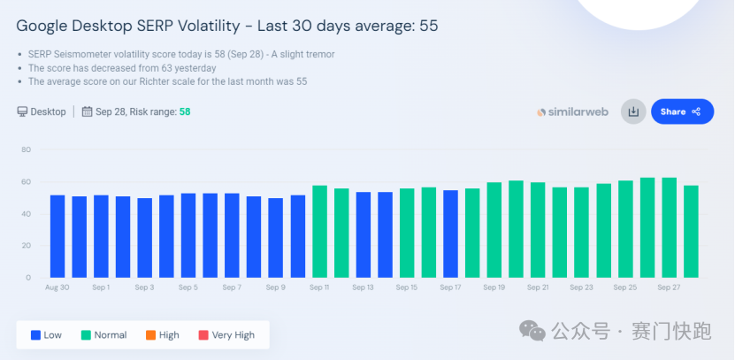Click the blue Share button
pyautogui.click(x=681, y=111)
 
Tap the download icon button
pyautogui.click(x=633, y=111)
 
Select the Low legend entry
pyautogui.click(x=47, y=335)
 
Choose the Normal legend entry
pyautogui.click(x=104, y=335)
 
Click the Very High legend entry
pyautogui.click(x=228, y=335)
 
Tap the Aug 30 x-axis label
pyautogui.click(x=57, y=287)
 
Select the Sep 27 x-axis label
pyautogui.click(x=670, y=287)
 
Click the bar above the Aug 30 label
pyautogui.click(x=57, y=236)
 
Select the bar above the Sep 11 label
pyautogui.click(x=319, y=232)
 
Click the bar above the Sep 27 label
pyautogui.click(x=670, y=227)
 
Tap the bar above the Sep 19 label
pyautogui.click(x=494, y=230)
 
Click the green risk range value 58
pyautogui.click(x=185, y=111)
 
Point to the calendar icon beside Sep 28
pyautogui.click(x=87, y=111)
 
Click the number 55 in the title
pyautogui.click(x=429, y=27)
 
